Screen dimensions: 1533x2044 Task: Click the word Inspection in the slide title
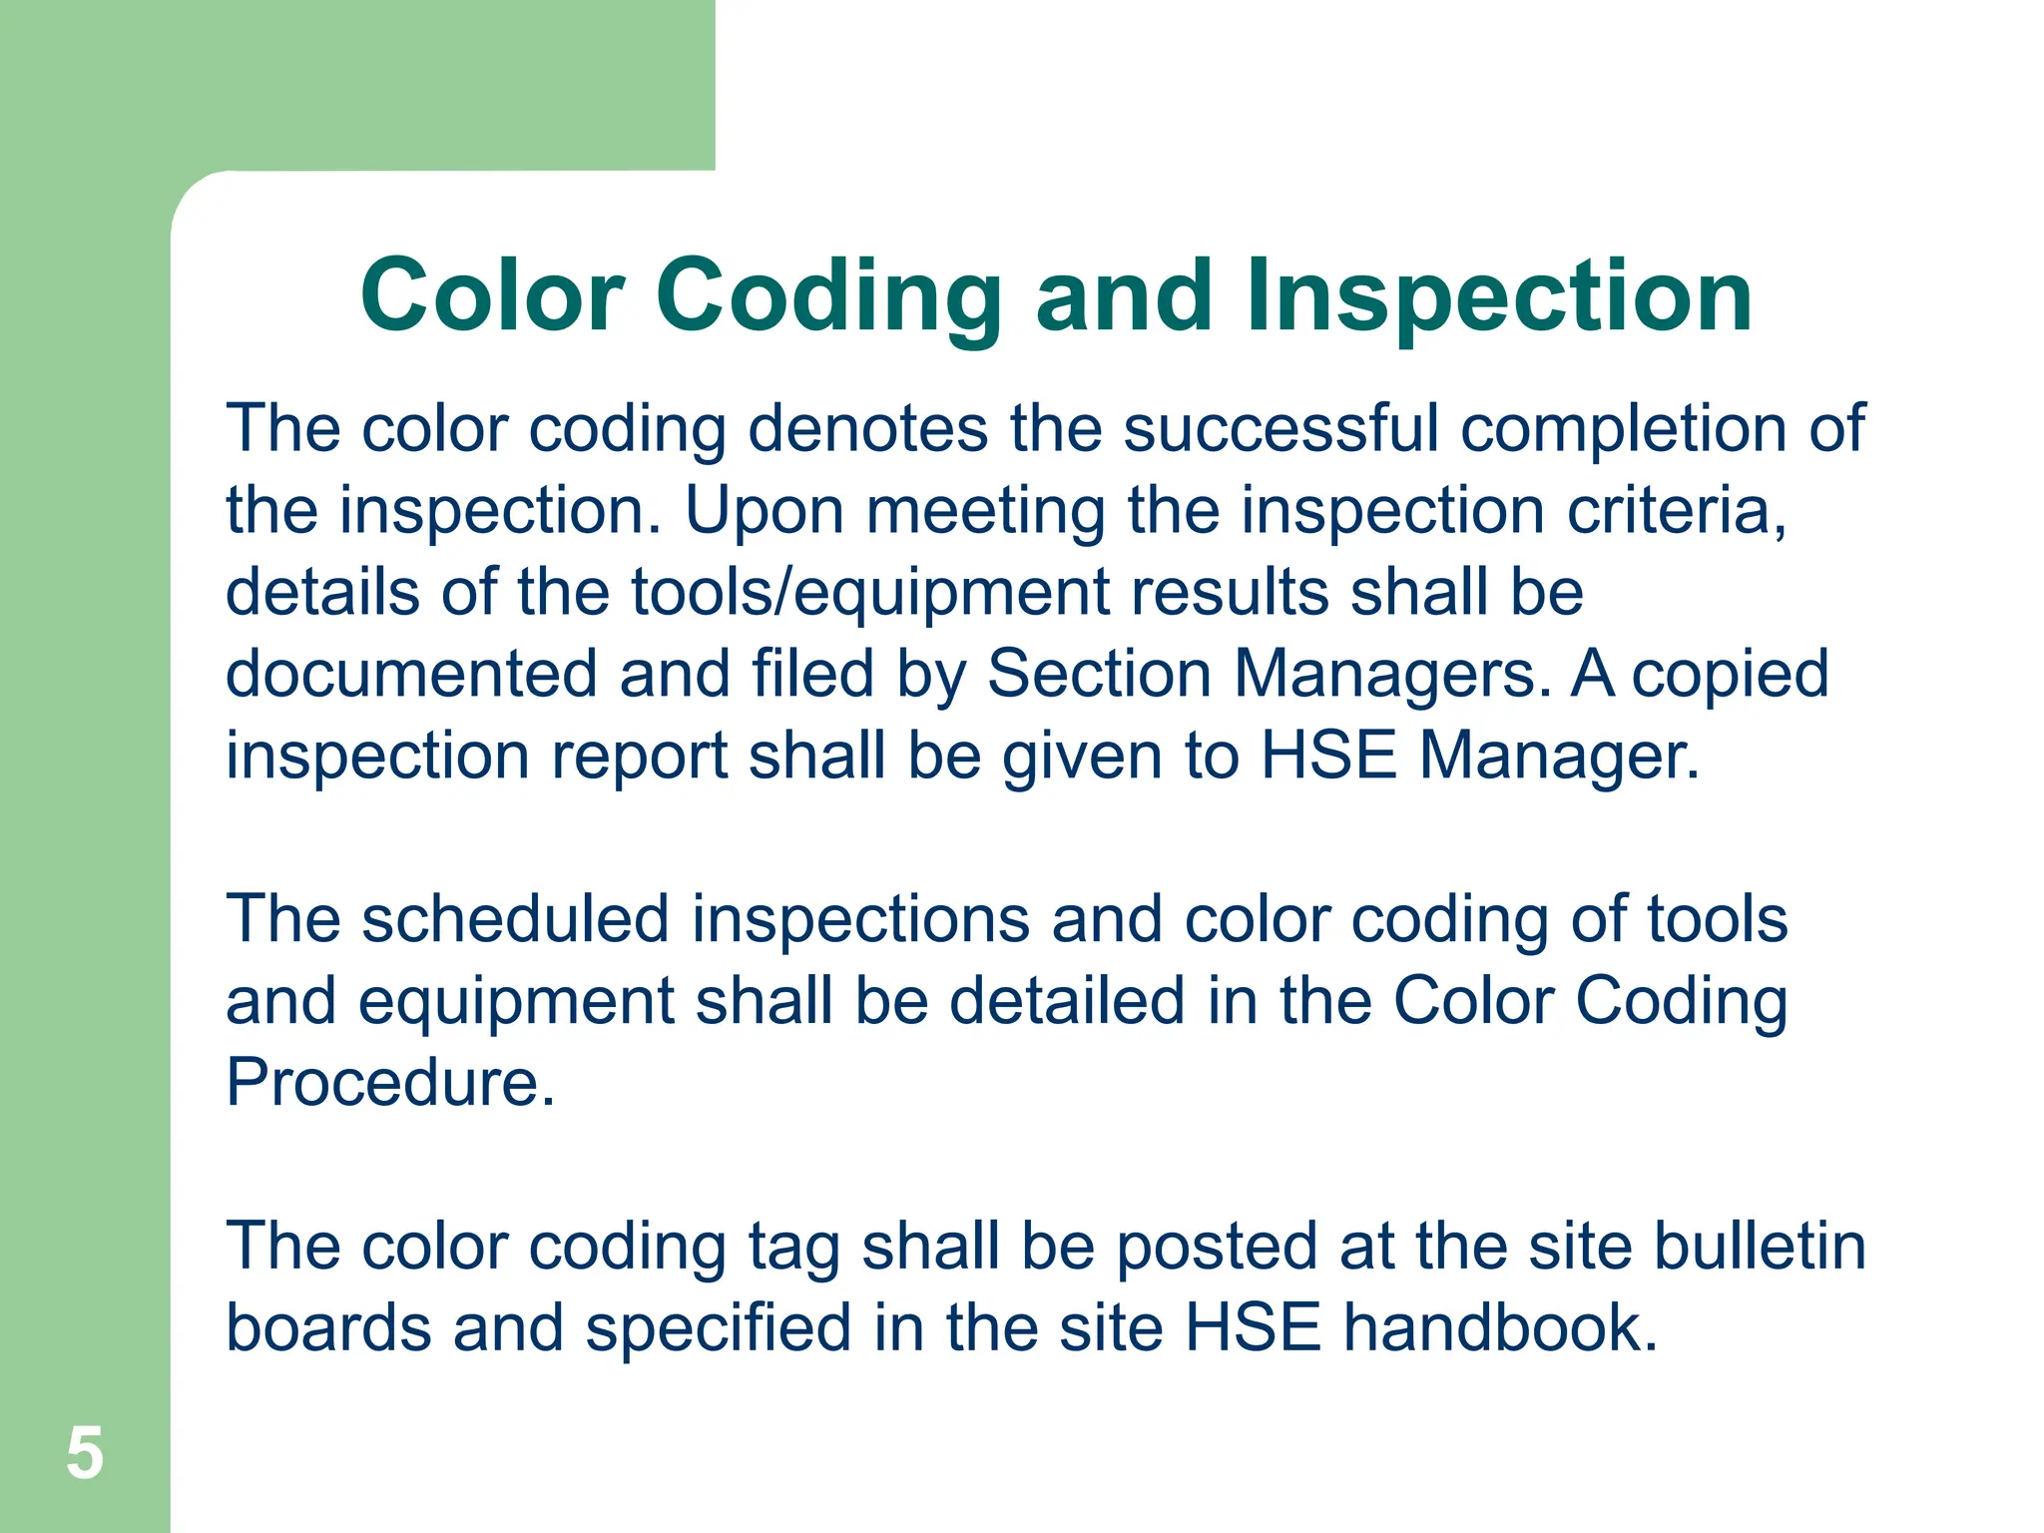pos(1498,296)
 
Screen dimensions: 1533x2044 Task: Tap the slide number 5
pos(85,1453)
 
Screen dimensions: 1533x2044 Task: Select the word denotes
pos(867,429)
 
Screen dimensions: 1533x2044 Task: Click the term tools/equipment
pos(869,593)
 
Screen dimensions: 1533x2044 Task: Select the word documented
pos(411,674)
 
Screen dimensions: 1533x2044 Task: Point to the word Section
pos(1099,674)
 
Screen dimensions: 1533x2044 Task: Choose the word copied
pos(1730,676)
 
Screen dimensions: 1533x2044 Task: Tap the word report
pos(639,757)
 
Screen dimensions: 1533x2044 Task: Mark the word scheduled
pos(515,919)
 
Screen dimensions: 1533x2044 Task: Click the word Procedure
pos(390,1082)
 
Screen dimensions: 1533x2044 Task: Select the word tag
pos(793,1248)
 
